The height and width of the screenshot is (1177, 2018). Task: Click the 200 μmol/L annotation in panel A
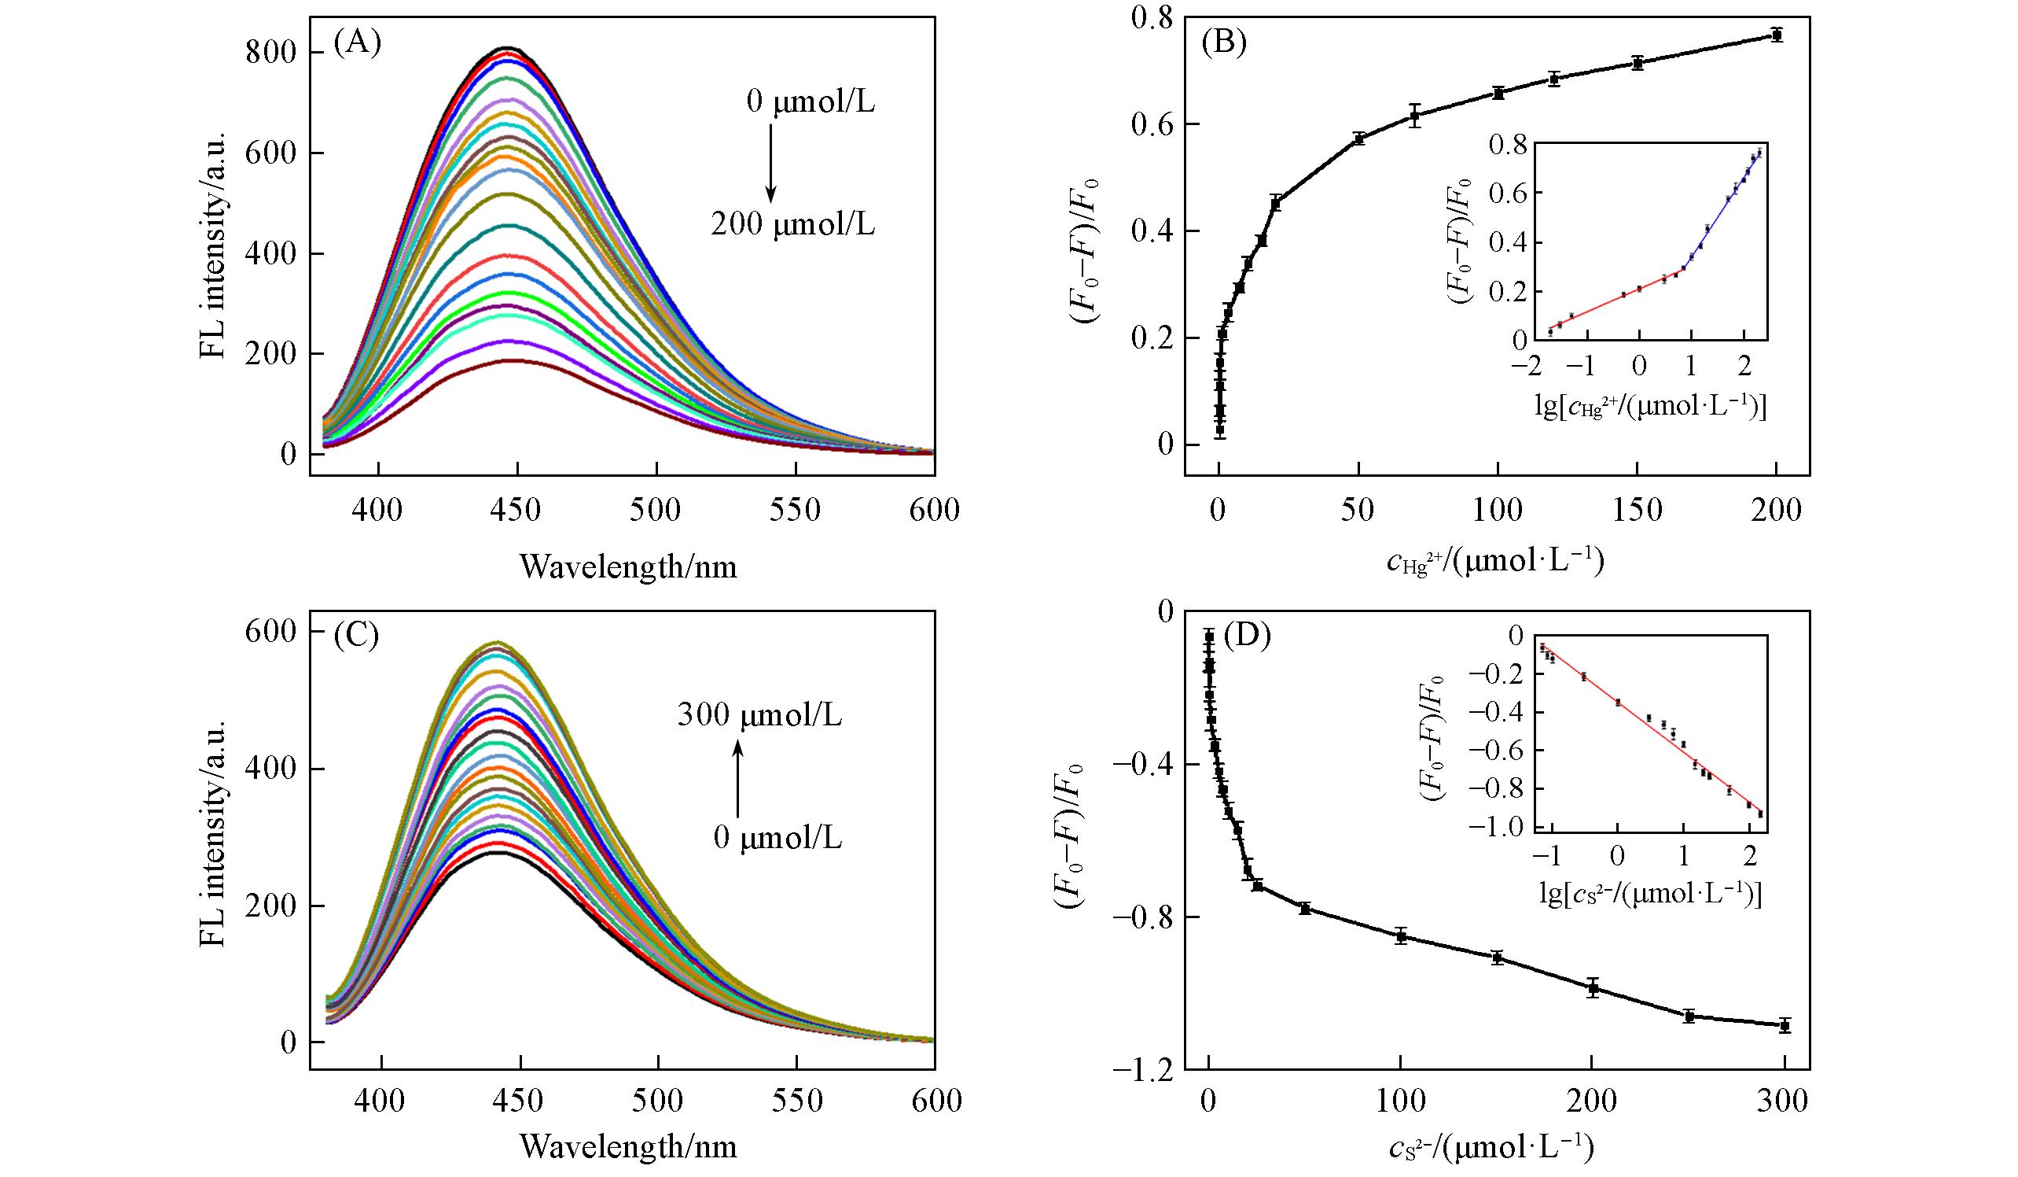point(792,226)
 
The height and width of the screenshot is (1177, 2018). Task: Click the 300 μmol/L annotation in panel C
point(759,714)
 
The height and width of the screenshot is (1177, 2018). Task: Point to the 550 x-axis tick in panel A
point(796,510)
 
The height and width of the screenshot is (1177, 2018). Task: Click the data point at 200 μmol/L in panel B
point(1775,35)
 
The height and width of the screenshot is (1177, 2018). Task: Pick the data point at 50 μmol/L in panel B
point(1358,138)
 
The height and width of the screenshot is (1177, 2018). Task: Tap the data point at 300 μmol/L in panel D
point(1785,1048)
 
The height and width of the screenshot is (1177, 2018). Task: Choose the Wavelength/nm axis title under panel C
point(628,1147)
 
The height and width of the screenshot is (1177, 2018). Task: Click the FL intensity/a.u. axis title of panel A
point(214,249)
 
